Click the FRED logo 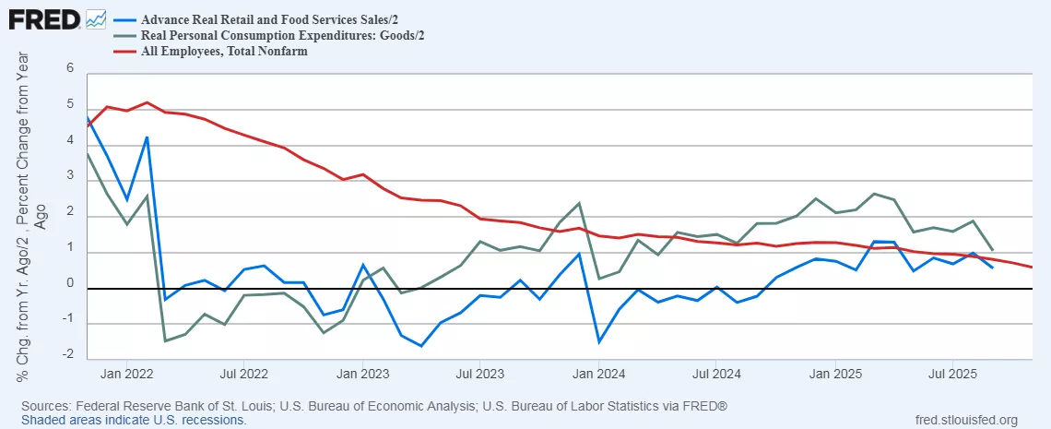coord(43,18)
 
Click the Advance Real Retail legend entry coord(254,18)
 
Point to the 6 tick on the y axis coord(68,68)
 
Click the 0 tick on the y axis coord(68,286)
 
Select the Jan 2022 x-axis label coord(125,375)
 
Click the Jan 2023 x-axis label coord(362,375)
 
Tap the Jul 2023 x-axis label coord(480,375)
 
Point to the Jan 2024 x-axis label coord(599,375)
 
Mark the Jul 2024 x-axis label coord(717,375)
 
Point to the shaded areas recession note coord(134,420)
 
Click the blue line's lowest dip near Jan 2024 coord(599,342)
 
